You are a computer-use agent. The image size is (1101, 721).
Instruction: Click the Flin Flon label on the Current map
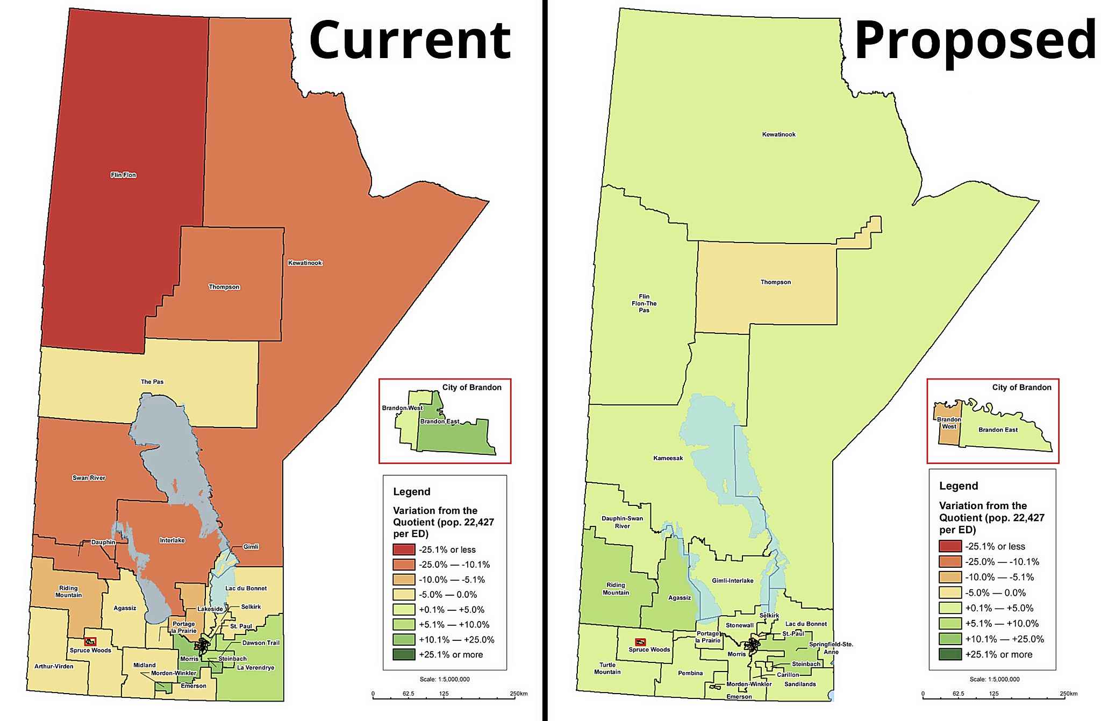pyautogui.click(x=123, y=175)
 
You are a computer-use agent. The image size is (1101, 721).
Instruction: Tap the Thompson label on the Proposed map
pyautogui.click(x=775, y=282)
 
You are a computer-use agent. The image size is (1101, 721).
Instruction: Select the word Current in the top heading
pyautogui.click(x=410, y=41)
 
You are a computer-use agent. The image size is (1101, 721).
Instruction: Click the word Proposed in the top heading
pyautogui.click(x=975, y=41)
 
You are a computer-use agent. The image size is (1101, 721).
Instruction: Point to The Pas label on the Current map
pyautogui.click(x=152, y=382)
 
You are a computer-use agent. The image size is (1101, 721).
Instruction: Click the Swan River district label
pyautogui.click(x=89, y=478)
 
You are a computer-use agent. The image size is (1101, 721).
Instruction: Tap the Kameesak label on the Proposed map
pyautogui.click(x=668, y=458)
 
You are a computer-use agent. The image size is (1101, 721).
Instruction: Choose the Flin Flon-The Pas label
pyautogui.click(x=644, y=303)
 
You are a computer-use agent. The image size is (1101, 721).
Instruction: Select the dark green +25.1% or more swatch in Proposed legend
pyautogui.click(x=950, y=654)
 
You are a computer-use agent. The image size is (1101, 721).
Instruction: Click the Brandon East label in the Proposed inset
pyautogui.click(x=998, y=430)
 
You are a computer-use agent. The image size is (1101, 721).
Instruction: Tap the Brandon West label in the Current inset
pyautogui.click(x=402, y=408)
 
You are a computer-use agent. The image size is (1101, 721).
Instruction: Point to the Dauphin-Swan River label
pyautogui.click(x=622, y=522)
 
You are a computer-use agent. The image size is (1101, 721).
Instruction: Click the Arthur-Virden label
pyautogui.click(x=54, y=666)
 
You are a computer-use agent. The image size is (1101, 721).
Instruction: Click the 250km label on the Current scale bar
pyautogui.click(x=518, y=694)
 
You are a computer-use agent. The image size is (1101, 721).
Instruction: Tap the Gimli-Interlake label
pyautogui.click(x=732, y=581)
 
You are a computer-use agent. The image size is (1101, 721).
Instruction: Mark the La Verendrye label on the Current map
pyautogui.click(x=255, y=668)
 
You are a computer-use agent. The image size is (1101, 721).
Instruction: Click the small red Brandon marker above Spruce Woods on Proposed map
pyautogui.click(x=640, y=642)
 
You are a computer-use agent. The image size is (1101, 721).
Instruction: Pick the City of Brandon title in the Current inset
pyautogui.click(x=471, y=387)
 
